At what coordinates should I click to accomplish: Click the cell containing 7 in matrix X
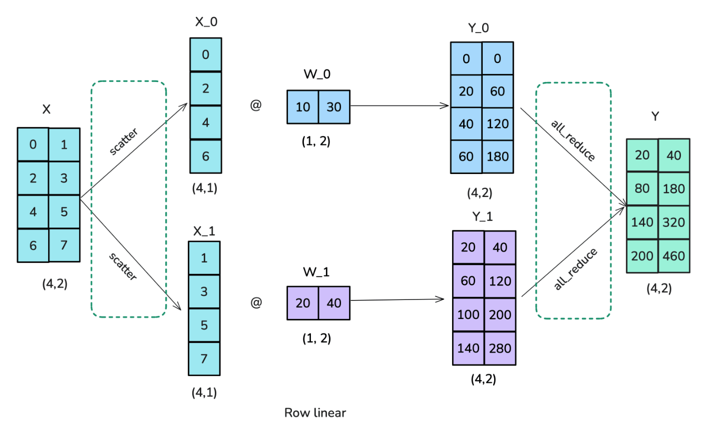point(64,245)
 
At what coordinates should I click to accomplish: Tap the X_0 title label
point(206,22)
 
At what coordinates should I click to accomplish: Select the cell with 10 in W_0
point(302,106)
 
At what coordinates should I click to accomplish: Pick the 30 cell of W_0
point(334,106)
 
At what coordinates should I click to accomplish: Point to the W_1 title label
point(316,272)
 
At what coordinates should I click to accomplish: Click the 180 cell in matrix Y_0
point(498,156)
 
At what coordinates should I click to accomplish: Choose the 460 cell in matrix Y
point(673,256)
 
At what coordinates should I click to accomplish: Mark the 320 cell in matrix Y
point(673,222)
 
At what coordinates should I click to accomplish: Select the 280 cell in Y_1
point(500,348)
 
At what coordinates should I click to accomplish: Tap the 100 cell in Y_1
point(468,314)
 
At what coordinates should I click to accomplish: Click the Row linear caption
point(315,412)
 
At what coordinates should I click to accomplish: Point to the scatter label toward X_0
point(124,142)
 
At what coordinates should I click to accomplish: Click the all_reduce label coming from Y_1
point(576,269)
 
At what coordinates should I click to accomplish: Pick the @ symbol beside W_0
point(256,105)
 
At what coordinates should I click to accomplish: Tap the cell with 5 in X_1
point(204,325)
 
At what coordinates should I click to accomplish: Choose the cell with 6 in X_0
point(205,156)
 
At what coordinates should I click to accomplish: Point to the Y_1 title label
point(483,216)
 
